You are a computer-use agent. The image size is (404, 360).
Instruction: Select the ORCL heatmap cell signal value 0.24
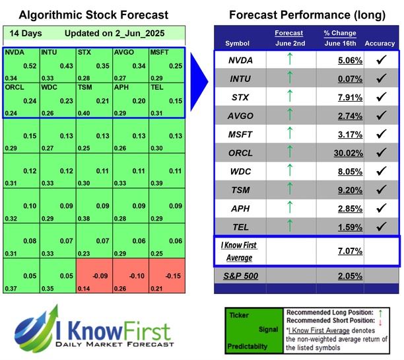coord(30,101)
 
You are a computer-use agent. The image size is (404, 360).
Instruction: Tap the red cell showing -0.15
coord(176,275)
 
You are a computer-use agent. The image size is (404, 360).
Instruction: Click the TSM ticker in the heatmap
coord(84,87)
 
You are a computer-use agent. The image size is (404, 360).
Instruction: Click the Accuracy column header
coord(379,44)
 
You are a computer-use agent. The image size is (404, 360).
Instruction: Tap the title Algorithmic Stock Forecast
coord(92,15)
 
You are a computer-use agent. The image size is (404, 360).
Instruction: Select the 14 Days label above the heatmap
coord(24,32)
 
